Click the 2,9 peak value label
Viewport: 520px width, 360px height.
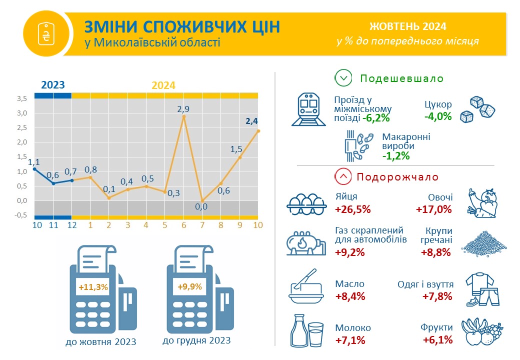pos(183,109)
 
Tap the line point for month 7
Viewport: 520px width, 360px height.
pos(202,200)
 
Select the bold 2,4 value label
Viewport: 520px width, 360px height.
pos(251,121)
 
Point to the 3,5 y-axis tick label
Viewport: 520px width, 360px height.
pos(22,98)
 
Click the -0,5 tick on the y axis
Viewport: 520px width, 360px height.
pos(20,215)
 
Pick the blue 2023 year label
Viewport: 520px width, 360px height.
pos(53,85)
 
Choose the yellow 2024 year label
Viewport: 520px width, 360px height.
pos(163,85)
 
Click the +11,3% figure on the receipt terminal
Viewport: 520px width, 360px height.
pos(93,287)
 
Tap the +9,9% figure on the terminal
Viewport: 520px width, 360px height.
pos(189,286)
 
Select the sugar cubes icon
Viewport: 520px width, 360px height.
pos(477,110)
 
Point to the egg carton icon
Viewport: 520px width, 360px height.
pos(306,204)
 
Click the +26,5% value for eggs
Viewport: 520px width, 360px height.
pos(353,209)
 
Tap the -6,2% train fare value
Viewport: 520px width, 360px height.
pos(376,118)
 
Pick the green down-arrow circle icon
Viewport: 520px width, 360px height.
pos(343,78)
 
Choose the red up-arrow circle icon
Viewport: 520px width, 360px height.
pos(343,176)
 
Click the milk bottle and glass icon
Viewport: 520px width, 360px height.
pos(307,330)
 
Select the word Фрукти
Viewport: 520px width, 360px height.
pos(436,327)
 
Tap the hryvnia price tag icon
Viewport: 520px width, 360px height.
pos(46,33)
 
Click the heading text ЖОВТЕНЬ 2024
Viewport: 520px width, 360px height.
pos(408,26)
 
